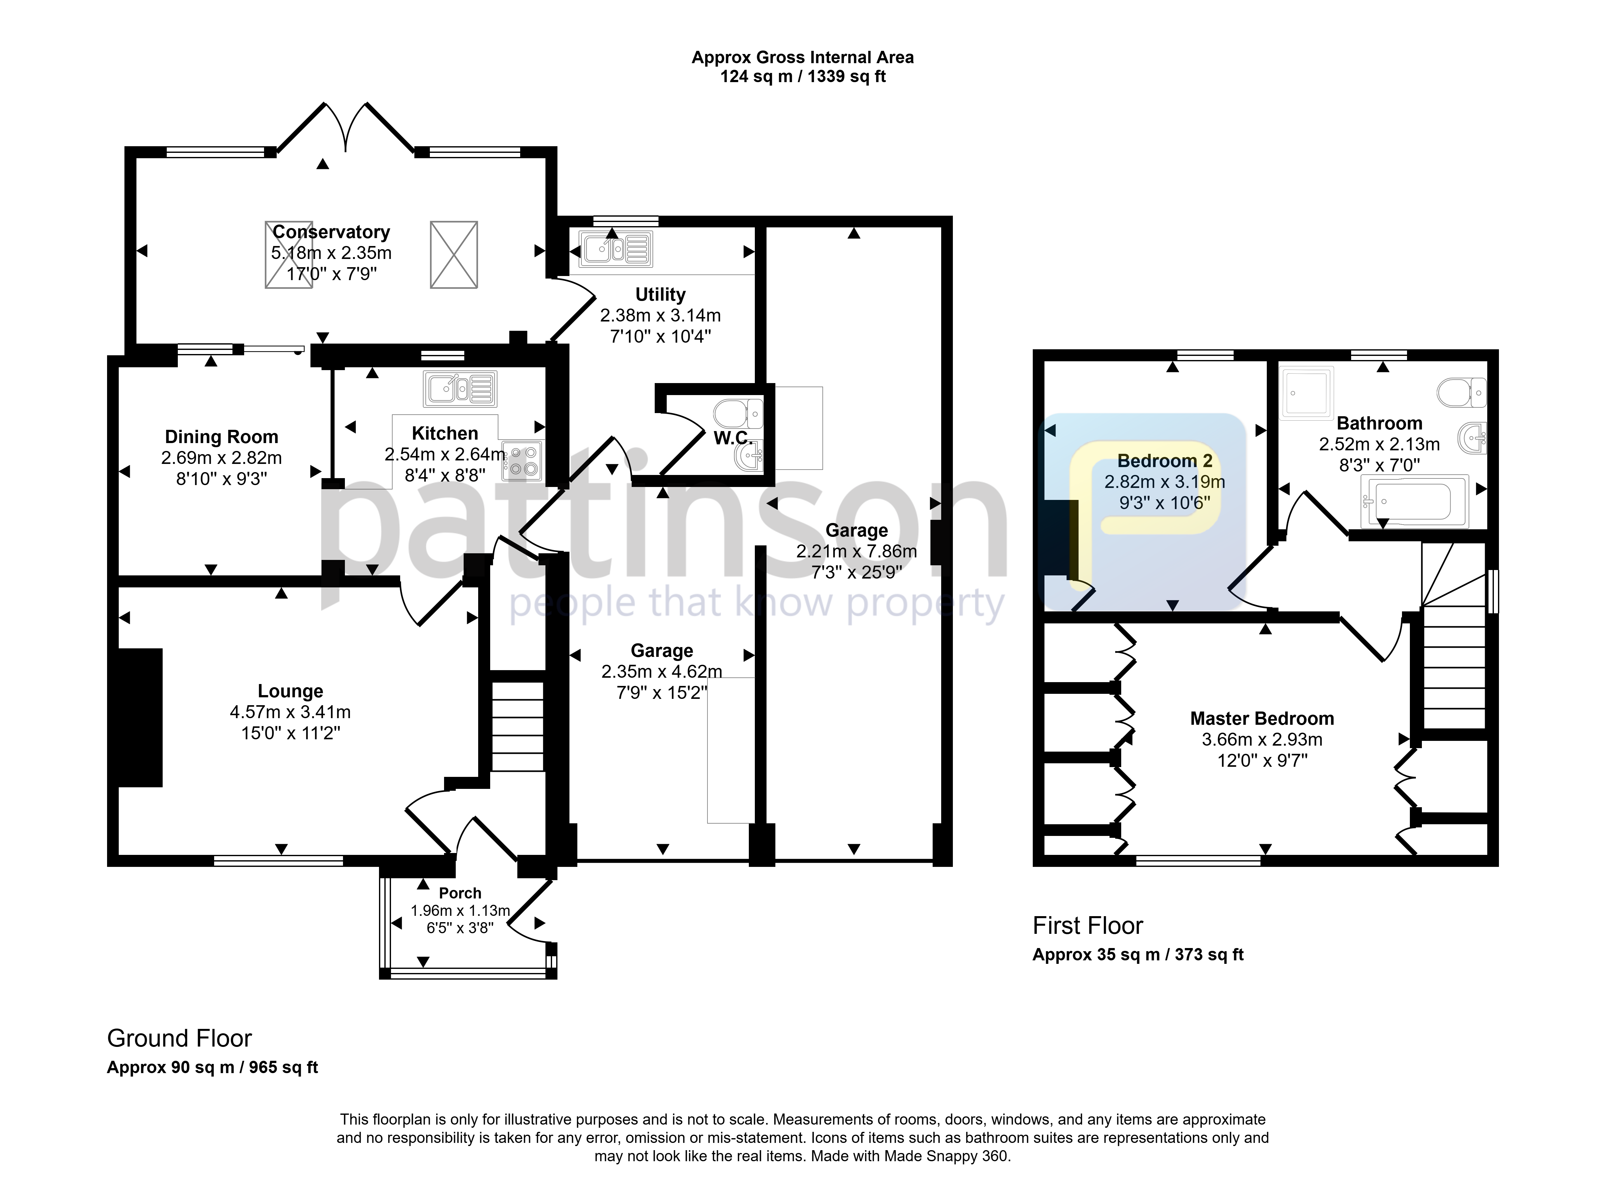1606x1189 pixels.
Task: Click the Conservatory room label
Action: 331,232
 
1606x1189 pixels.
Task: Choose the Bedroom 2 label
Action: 1165,461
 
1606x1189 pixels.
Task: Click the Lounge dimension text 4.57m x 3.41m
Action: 290,712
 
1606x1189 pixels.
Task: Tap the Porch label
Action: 460,893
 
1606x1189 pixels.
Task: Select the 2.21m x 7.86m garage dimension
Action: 857,551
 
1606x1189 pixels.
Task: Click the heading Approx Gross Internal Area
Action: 803,57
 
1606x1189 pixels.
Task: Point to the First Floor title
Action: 1088,926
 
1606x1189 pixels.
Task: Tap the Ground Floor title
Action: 179,1039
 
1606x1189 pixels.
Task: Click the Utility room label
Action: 660,294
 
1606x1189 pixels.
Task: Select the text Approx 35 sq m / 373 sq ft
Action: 1138,955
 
